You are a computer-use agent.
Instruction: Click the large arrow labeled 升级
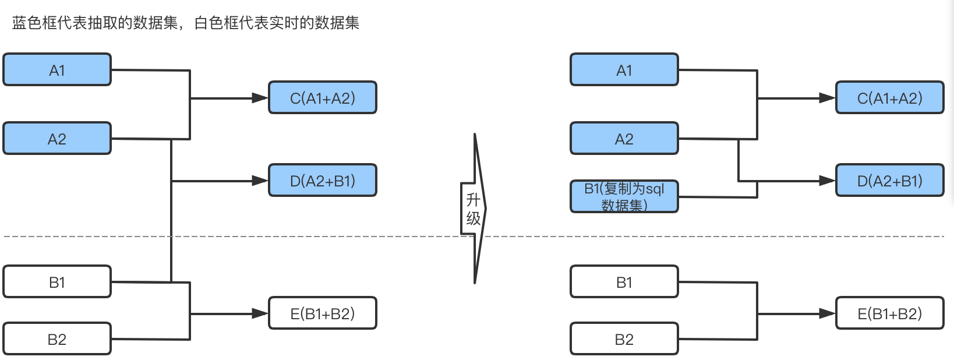(x=474, y=209)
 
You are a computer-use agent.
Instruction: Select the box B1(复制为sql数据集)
(x=624, y=196)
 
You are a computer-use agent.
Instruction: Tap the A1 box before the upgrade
(x=57, y=70)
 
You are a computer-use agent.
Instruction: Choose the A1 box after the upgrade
(x=624, y=70)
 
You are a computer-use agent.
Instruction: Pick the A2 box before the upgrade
(x=57, y=139)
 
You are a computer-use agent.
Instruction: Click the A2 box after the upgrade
(x=624, y=139)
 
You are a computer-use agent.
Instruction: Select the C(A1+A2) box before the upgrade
(x=322, y=98)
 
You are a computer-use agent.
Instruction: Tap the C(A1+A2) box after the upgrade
(x=889, y=98)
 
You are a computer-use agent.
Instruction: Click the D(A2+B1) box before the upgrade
(x=322, y=181)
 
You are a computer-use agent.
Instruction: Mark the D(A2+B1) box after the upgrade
(x=889, y=181)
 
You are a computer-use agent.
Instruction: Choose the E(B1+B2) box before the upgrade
(x=322, y=313)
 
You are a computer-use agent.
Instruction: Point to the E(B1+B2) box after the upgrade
(x=889, y=313)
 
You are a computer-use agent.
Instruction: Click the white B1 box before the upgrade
(x=57, y=282)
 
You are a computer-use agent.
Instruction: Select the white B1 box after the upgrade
(x=624, y=282)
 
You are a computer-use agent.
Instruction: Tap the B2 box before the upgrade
(x=57, y=339)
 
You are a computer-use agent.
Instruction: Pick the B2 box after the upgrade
(x=624, y=339)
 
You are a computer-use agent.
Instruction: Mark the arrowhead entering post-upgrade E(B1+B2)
(x=827, y=313)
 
